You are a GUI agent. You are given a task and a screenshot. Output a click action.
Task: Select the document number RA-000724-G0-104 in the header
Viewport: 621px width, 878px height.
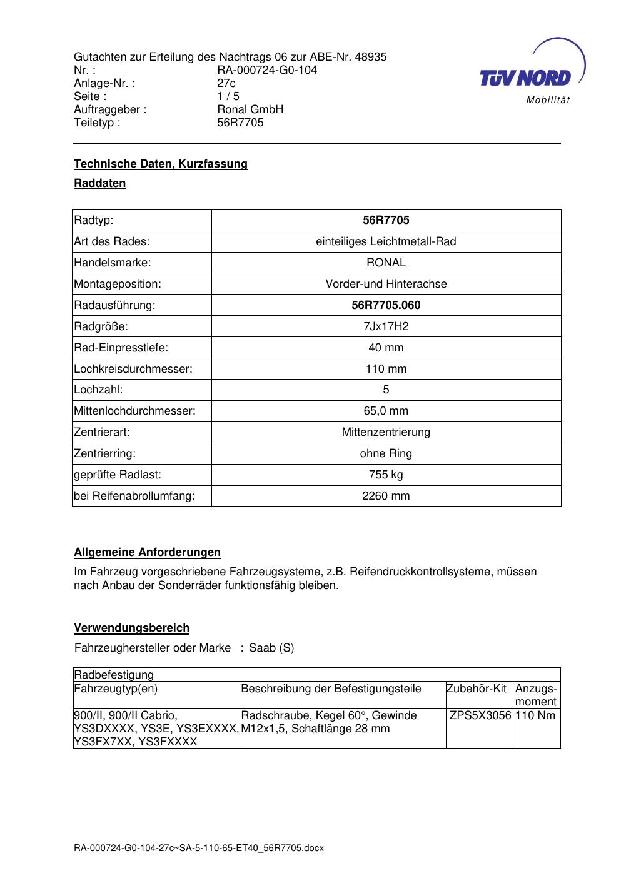click(x=267, y=70)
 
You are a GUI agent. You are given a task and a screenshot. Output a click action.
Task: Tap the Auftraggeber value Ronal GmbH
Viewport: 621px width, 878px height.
click(x=250, y=109)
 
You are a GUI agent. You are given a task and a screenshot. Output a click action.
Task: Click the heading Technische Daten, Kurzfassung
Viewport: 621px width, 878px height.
click(x=161, y=164)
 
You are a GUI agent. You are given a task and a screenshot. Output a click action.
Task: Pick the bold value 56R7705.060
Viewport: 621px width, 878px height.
click(x=386, y=305)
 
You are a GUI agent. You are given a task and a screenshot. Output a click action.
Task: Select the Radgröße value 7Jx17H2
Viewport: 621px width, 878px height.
click(x=386, y=326)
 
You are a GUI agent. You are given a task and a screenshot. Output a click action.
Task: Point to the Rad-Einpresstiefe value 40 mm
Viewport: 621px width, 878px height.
click(x=386, y=348)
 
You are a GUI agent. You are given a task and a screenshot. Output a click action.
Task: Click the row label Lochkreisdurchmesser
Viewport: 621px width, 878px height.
click(x=133, y=369)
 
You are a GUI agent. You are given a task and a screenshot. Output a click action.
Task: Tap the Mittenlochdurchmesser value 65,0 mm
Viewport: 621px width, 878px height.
click(x=386, y=411)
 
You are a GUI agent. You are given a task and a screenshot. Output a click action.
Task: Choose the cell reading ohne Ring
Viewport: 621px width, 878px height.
click(x=386, y=453)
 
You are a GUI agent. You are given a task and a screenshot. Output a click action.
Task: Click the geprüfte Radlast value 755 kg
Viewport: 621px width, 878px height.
click(x=386, y=475)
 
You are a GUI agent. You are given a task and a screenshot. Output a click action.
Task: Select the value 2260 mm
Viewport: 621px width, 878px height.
click(x=386, y=496)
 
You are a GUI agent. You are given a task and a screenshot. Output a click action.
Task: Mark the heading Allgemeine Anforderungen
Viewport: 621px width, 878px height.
click(x=148, y=552)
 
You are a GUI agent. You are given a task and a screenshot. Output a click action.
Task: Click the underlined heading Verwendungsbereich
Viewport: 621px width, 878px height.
click(x=131, y=628)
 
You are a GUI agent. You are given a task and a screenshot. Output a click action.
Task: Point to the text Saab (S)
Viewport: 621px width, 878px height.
click(x=271, y=648)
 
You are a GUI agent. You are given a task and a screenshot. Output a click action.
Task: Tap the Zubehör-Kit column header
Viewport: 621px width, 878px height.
click(x=476, y=689)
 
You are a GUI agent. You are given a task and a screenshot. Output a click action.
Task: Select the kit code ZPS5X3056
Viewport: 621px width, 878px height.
click(x=480, y=715)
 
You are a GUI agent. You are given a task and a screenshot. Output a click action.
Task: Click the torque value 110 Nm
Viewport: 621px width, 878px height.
click(x=536, y=715)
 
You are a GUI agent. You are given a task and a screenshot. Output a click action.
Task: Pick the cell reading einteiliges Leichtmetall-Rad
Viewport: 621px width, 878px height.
click(x=386, y=241)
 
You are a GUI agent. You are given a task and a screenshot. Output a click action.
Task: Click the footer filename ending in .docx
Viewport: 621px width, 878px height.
click(x=199, y=848)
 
